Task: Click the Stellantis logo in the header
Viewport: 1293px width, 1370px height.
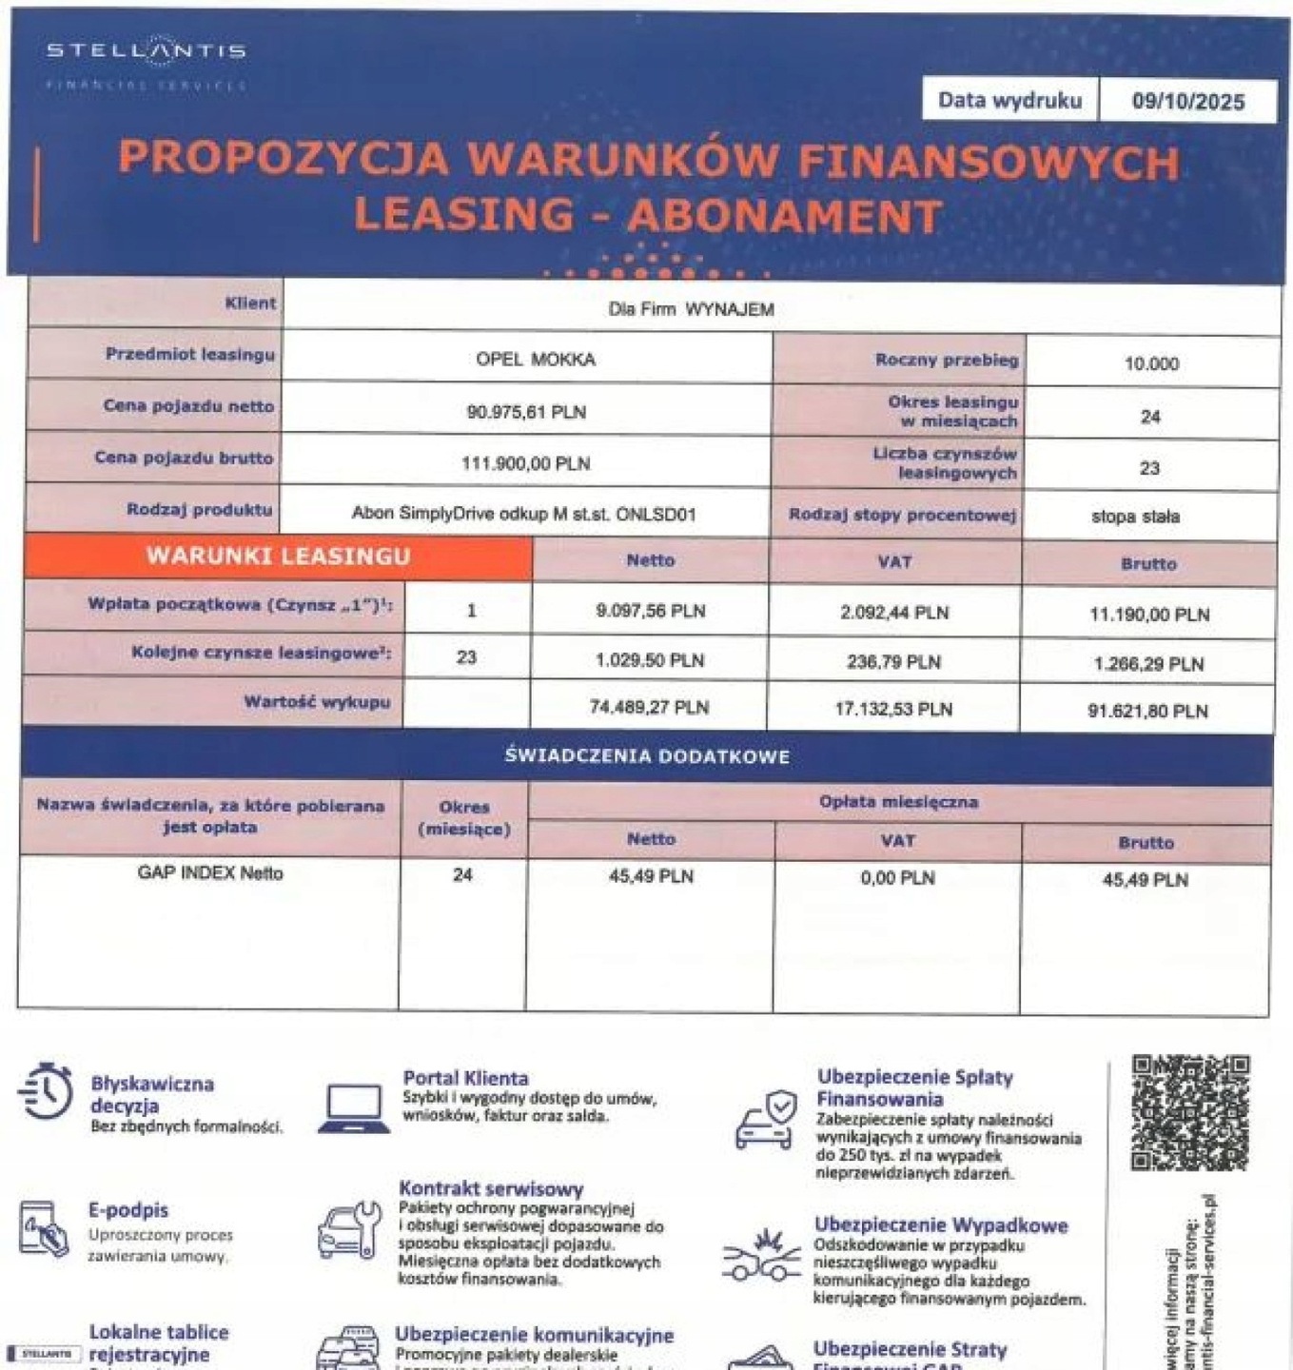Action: [146, 51]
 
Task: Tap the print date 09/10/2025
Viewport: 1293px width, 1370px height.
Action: [1187, 102]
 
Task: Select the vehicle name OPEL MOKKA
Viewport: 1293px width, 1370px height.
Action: [536, 360]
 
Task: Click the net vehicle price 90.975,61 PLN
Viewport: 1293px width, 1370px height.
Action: [526, 412]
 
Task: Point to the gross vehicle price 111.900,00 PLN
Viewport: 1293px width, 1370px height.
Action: [525, 463]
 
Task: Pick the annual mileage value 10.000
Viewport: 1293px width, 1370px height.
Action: [1151, 363]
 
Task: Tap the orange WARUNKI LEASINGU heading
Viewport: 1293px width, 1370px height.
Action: [278, 557]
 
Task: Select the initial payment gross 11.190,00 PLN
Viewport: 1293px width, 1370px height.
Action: [1149, 615]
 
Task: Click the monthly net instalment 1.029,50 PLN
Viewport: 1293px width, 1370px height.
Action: [650, 660]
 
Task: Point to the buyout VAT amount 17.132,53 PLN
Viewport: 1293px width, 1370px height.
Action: [893, 709]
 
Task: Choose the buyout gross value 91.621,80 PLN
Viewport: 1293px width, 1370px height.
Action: [1147, 711]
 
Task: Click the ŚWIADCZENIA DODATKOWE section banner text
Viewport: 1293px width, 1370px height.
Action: [647, 756]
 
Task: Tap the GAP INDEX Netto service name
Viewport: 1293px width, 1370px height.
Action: [210, 872]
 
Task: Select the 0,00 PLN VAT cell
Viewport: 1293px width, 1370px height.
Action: [897, 877]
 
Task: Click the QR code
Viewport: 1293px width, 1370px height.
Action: [1189, 1112]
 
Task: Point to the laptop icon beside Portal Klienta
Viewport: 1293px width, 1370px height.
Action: [354, 1109]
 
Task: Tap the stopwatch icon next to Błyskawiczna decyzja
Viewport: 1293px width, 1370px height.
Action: [45, 1093]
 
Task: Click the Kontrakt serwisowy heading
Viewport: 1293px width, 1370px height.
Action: [491, 1188]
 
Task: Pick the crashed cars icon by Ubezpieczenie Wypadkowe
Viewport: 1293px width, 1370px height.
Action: [761, 1259]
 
